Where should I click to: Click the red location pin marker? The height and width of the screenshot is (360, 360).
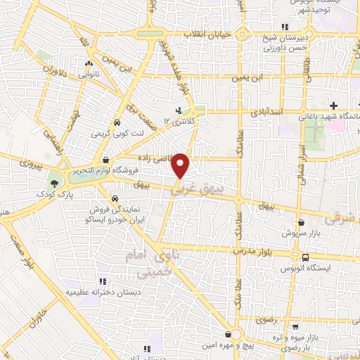[181, 165]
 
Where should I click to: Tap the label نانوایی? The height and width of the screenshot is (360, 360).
[88, 73]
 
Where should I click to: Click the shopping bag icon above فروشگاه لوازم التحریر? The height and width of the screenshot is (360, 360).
[105, 160]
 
